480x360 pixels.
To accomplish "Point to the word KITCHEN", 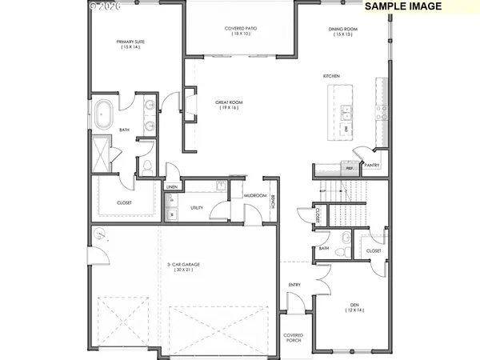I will [x=332, y=75].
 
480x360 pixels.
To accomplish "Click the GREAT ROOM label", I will [x=230, y=102].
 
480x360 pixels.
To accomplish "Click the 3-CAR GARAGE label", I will [x=181, y=265].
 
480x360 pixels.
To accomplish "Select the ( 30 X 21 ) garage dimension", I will [x=181, y=271].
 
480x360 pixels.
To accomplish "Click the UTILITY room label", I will [x=197, y=208].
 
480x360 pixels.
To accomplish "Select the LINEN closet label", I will [x=172, y=187].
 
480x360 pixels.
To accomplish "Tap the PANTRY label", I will [x=371, y=165].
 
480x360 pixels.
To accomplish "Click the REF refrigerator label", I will [x=349, y=169].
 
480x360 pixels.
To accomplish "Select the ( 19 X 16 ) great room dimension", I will [x=230, y=109].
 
